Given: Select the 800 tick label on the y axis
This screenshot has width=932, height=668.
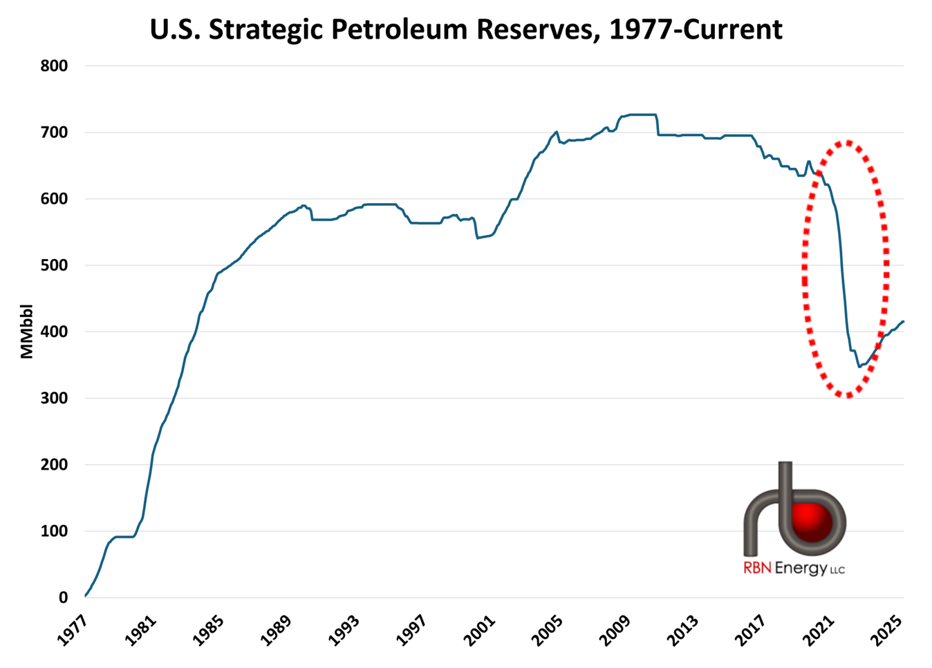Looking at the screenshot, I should point(55,66).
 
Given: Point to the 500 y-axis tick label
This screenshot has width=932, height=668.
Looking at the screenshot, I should point(55,265).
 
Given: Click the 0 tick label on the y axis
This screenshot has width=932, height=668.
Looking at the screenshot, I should point(63,598).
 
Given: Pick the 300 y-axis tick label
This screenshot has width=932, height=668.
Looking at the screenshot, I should point(55,399).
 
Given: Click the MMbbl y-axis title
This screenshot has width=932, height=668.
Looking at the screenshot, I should point(27,332).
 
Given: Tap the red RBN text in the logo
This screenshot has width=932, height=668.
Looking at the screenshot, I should point(757,569).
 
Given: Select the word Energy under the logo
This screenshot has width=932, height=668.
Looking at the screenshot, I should point(801,569).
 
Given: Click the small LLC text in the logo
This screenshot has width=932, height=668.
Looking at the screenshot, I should point(837,571).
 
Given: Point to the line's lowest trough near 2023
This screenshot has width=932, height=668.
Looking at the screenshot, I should point(859,367).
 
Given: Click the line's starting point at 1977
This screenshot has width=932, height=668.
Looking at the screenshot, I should point(85,595).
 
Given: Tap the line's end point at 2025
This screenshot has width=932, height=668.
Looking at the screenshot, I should point(904,322).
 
